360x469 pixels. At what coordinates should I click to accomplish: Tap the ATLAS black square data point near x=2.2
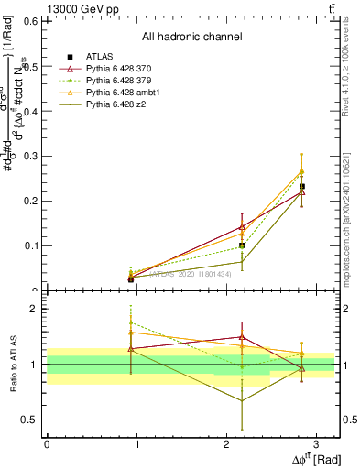point(242,245)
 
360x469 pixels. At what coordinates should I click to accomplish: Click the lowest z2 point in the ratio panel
point(242,400)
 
